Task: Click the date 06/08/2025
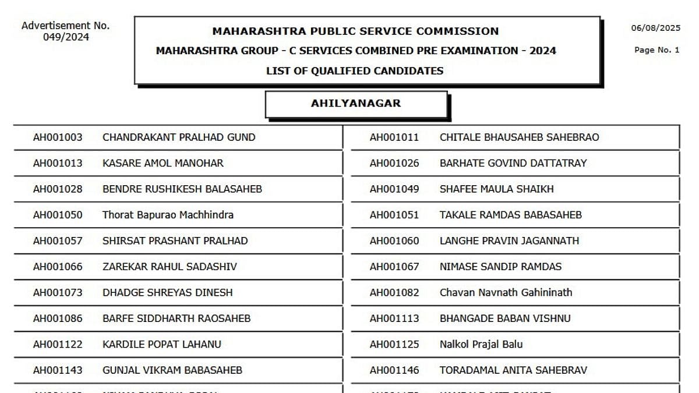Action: (655, 28)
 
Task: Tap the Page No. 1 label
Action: (656, 50)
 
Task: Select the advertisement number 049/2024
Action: (66, 37)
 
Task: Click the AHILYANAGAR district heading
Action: (356, 104)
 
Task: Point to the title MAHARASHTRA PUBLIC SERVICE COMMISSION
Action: (355, 31)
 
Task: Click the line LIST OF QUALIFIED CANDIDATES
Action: (355, 71)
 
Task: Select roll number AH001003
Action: (58, 137)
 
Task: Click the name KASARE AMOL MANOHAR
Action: (163, 163)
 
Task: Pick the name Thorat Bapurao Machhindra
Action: (168, 215)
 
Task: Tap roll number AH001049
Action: (394, 189)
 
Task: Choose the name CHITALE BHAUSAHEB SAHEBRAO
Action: (519, 137)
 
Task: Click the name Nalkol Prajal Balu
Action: (481, 344)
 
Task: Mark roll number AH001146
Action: (394, 370)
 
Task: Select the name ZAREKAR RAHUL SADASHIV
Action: (170, 267)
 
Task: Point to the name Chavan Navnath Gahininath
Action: (506, 292)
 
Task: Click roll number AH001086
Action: (58, 318)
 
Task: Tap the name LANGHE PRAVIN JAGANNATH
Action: (509, 240)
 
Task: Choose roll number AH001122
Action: (58, 344)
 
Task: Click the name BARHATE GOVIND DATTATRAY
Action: (513, 163)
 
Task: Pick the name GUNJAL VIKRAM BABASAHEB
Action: (172, 370)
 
